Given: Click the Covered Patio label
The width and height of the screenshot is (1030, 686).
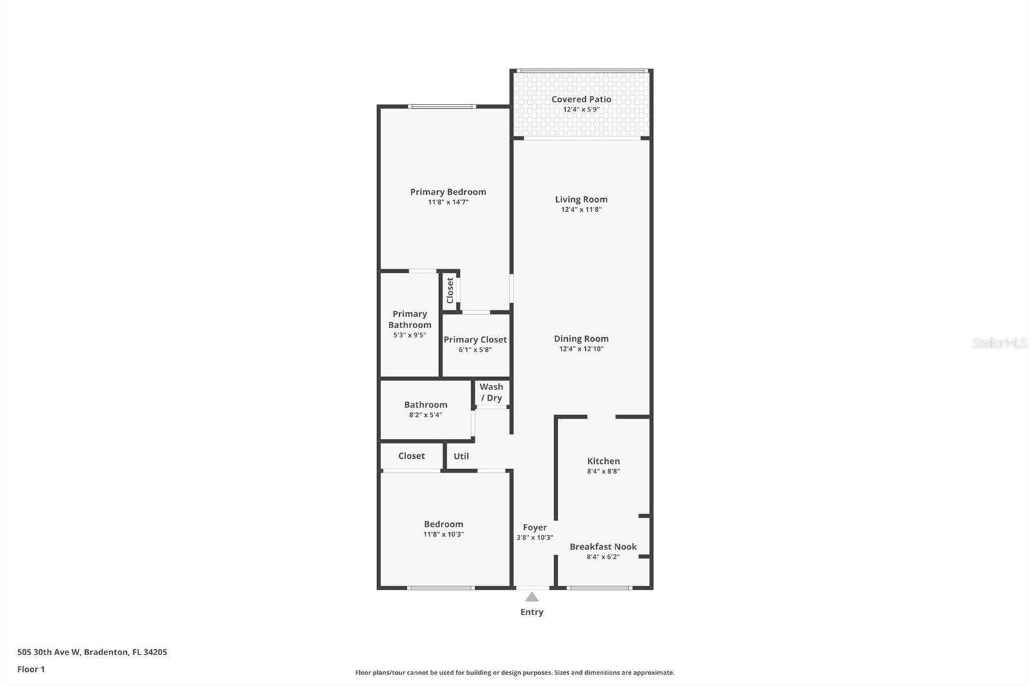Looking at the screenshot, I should point(581,99).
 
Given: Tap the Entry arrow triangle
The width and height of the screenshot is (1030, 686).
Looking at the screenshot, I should point(532,597).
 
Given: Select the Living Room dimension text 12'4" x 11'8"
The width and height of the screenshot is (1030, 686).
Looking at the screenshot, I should point(581,210).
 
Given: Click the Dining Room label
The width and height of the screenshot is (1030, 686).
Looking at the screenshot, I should point(581,338).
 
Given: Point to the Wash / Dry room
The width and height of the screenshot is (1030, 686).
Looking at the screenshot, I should point(491,392).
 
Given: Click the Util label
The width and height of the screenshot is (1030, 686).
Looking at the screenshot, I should point(461,456).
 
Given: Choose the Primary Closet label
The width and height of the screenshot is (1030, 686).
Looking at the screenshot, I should point(475,340).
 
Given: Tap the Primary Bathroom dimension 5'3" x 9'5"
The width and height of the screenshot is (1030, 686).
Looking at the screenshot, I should point(409,335).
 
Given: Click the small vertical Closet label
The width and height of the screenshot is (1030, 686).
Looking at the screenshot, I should point(450,290).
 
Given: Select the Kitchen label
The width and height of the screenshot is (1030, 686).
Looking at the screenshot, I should point(603,461).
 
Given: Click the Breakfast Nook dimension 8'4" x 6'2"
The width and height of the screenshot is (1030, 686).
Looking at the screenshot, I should point(603,557).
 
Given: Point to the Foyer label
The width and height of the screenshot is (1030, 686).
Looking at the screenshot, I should point(534,528).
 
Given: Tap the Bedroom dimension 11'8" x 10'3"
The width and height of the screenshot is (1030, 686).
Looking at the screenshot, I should point(443,535).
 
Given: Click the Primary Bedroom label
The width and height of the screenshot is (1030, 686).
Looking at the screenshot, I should point(448,192).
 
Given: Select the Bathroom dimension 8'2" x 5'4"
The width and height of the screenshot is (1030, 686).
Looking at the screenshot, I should point(426,415).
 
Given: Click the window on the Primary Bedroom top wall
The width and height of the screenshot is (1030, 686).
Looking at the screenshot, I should point(442,106).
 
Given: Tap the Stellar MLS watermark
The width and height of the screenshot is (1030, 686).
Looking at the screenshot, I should point(999,343).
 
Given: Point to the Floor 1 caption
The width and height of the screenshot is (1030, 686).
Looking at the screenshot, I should point(31,669).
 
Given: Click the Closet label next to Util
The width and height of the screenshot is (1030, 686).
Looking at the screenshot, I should point(411,456).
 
